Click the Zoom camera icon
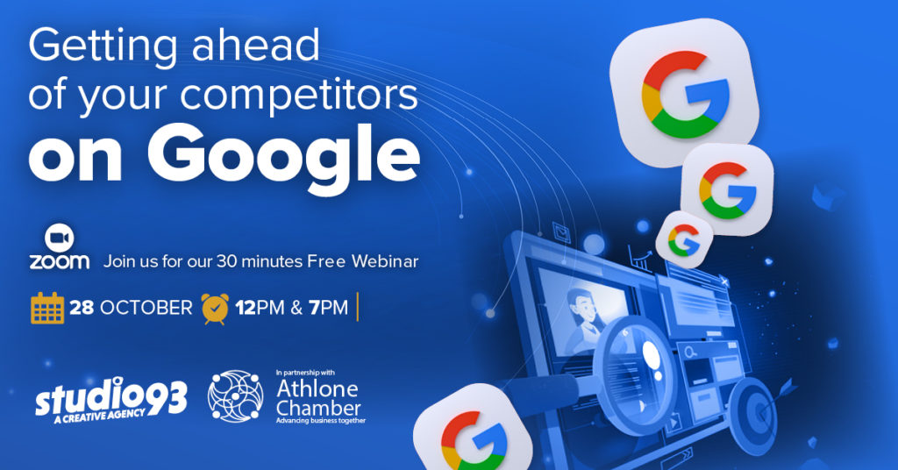(59, 239)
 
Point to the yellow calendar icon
(47, 308)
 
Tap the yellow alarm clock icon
(215, 309)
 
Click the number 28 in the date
(82, 308)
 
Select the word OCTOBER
(146, 308)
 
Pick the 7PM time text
(328, 308)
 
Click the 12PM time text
(260, 308)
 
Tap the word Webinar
(385, 261)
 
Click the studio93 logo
(111, 400)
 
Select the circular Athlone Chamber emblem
(235, 396)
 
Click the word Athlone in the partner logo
(317, 389)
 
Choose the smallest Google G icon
(684, 239)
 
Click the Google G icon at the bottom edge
(474, 431)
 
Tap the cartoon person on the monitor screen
(581, 323)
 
